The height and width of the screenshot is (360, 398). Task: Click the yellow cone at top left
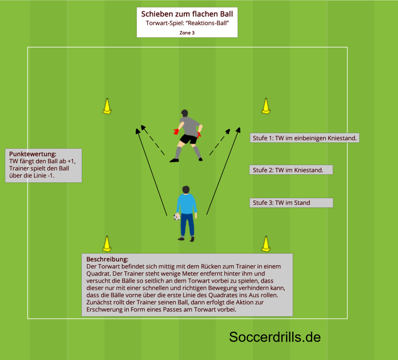(107, 106)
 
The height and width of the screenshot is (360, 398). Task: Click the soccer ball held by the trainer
(177, 217)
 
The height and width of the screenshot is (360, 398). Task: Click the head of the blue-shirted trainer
(186, 190)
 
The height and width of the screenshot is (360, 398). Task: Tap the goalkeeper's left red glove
(176, 131)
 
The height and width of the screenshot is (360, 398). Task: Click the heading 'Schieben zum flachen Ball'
(187, 14)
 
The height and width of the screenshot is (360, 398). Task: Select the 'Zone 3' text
(187, 33)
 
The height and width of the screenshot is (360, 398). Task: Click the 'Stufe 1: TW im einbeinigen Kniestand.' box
(305, 138)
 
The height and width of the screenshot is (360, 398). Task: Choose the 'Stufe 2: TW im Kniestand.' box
(291, 170)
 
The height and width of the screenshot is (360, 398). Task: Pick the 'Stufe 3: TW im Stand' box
(291, 203)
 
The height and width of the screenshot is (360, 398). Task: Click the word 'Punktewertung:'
(33, 154)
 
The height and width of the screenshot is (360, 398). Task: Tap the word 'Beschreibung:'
(107, 259)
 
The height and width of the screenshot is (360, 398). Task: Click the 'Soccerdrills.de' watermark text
(275, 337)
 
